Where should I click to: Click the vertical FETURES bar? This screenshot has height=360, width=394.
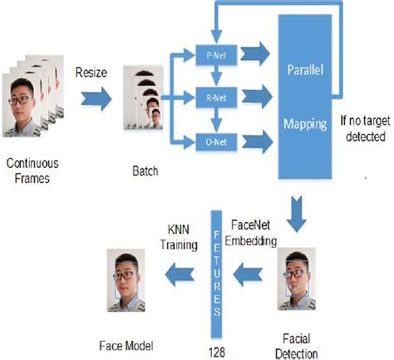pyautogui.click(x=216, y=267)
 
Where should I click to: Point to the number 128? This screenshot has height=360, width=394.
pyautogui.click(x=217, y=340)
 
